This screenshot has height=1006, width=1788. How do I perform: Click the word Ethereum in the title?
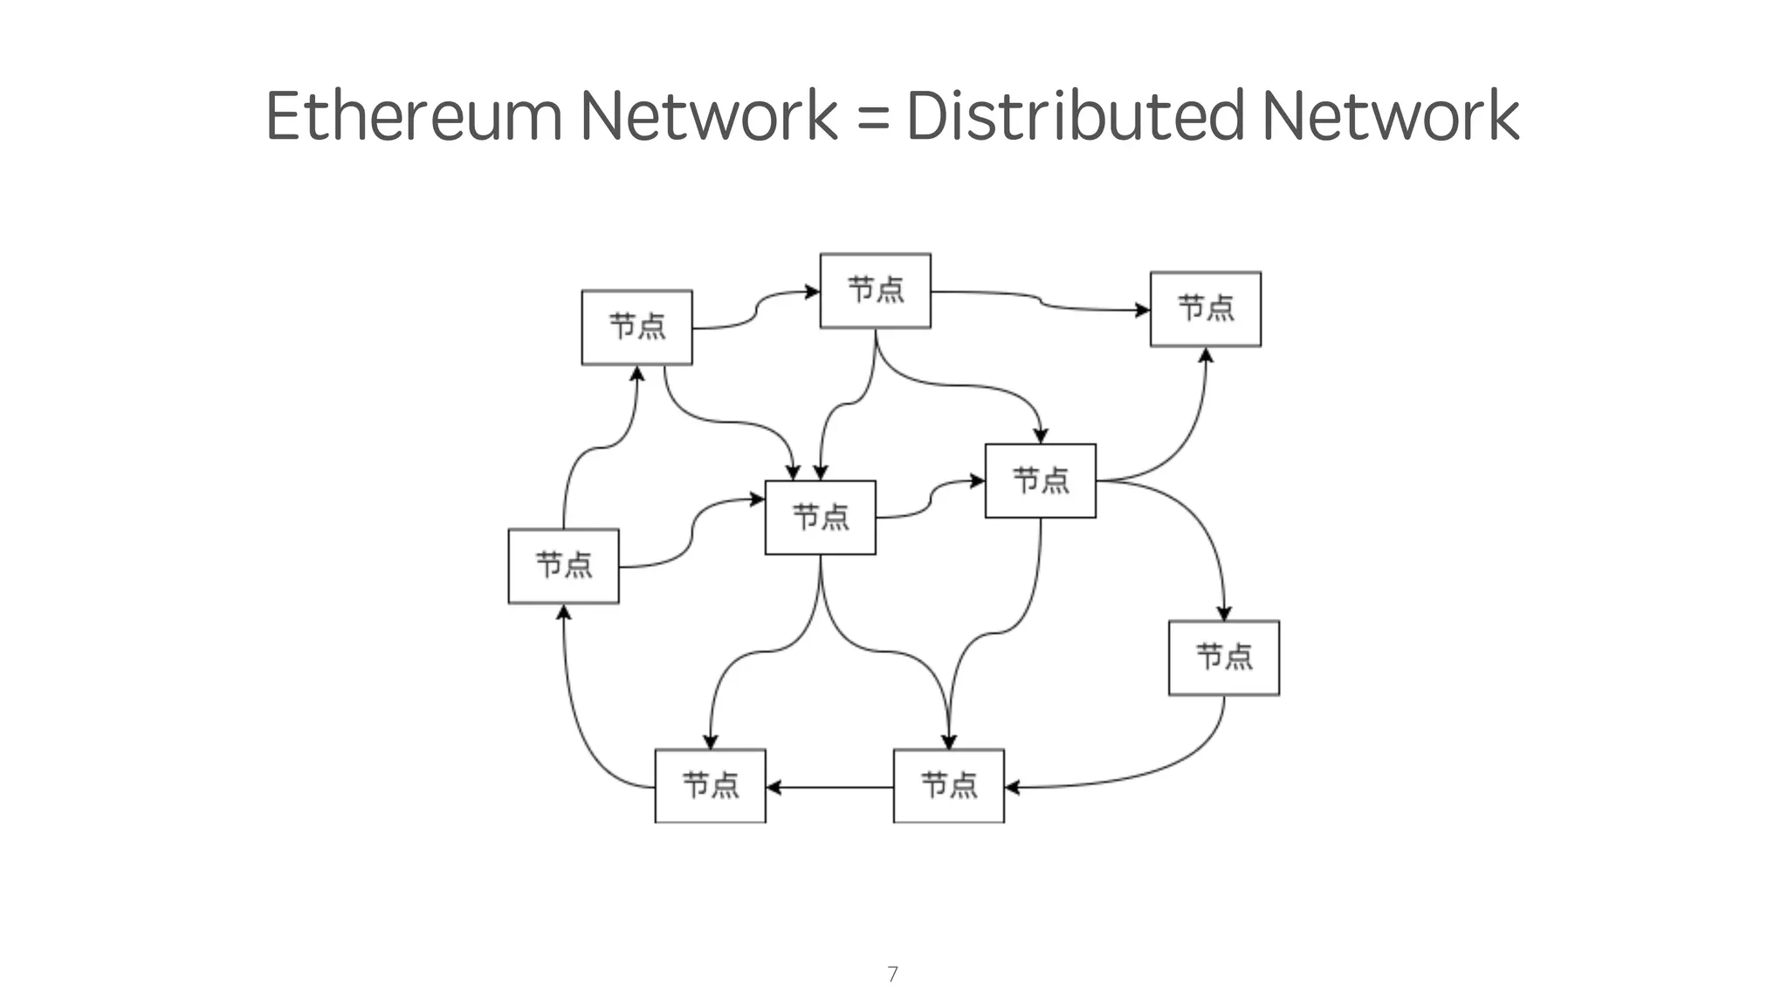point(414,115)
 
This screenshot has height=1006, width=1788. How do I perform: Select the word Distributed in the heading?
point(1075,115)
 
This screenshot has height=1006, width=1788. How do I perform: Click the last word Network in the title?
point(1390,115)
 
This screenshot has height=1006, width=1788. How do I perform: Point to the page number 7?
point(892,974)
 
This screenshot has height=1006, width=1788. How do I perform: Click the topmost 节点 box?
point(875,291)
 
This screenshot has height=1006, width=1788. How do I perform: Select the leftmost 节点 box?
point(563,566)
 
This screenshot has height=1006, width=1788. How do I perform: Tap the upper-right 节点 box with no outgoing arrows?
point(1205,309)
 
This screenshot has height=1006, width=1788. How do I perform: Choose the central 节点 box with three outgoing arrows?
point(820,517)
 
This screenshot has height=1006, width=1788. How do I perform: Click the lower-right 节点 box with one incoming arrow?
point(1223,658)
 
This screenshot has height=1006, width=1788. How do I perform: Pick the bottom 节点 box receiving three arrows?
point(948,785)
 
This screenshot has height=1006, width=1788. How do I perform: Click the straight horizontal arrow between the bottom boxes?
point(829,787)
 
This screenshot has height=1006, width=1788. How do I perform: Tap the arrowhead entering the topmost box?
point(811,292)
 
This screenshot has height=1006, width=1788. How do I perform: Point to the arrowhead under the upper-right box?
point(1206,355)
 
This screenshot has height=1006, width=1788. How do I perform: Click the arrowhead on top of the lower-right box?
point(1223,613)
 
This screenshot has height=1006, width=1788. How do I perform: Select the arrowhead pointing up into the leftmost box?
point(564,613)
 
